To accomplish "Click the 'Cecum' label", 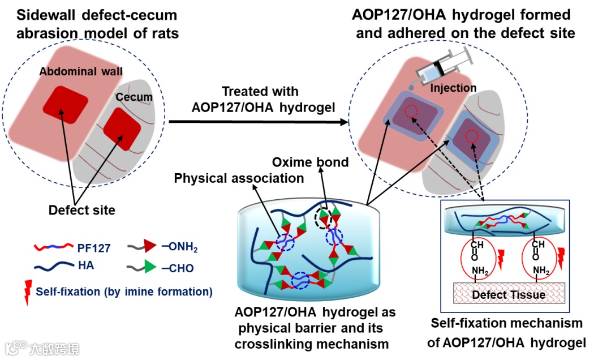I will point(134,97).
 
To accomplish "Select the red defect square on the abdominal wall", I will point(67,104).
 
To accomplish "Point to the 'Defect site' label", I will point(82,211).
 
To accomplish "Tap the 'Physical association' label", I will point(239,178).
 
